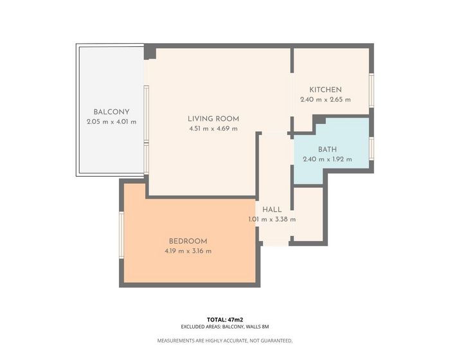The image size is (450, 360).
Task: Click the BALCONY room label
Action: [x=111, y=112]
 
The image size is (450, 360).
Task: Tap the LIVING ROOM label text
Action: [x=213, y=119]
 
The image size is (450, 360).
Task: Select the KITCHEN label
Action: [x=325, y=90]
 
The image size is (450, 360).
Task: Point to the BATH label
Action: [x=327, y=150]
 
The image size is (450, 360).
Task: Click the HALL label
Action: [x=272, y=210]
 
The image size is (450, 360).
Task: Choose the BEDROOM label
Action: [x=188, y=242]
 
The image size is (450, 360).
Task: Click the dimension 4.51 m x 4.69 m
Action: [x=213, y=129]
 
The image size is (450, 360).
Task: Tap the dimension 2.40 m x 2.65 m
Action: [x=325, y=100]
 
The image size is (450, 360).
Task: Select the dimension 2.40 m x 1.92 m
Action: [x=327, y=159]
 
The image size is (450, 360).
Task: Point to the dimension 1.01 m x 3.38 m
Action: [x=272, y=219]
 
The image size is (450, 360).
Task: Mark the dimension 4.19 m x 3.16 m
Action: [x=188, y=251]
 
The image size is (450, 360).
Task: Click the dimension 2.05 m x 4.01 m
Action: [x=111, y=122]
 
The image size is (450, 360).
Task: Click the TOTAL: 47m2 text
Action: [x=225, y=319]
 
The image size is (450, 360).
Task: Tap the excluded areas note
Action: [x=225, y=327]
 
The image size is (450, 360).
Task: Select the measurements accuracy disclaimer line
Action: [x=225, y=341]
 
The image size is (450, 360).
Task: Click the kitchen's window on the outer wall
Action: [x=372, y=91]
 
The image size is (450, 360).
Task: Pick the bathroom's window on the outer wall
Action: [x=372, y=148]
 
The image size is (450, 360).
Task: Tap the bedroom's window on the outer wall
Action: [x=122, y=235]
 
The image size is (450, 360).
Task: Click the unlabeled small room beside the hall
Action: [x=309, y=214]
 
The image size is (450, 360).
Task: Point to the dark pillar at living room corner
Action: [x=150, y=53]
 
